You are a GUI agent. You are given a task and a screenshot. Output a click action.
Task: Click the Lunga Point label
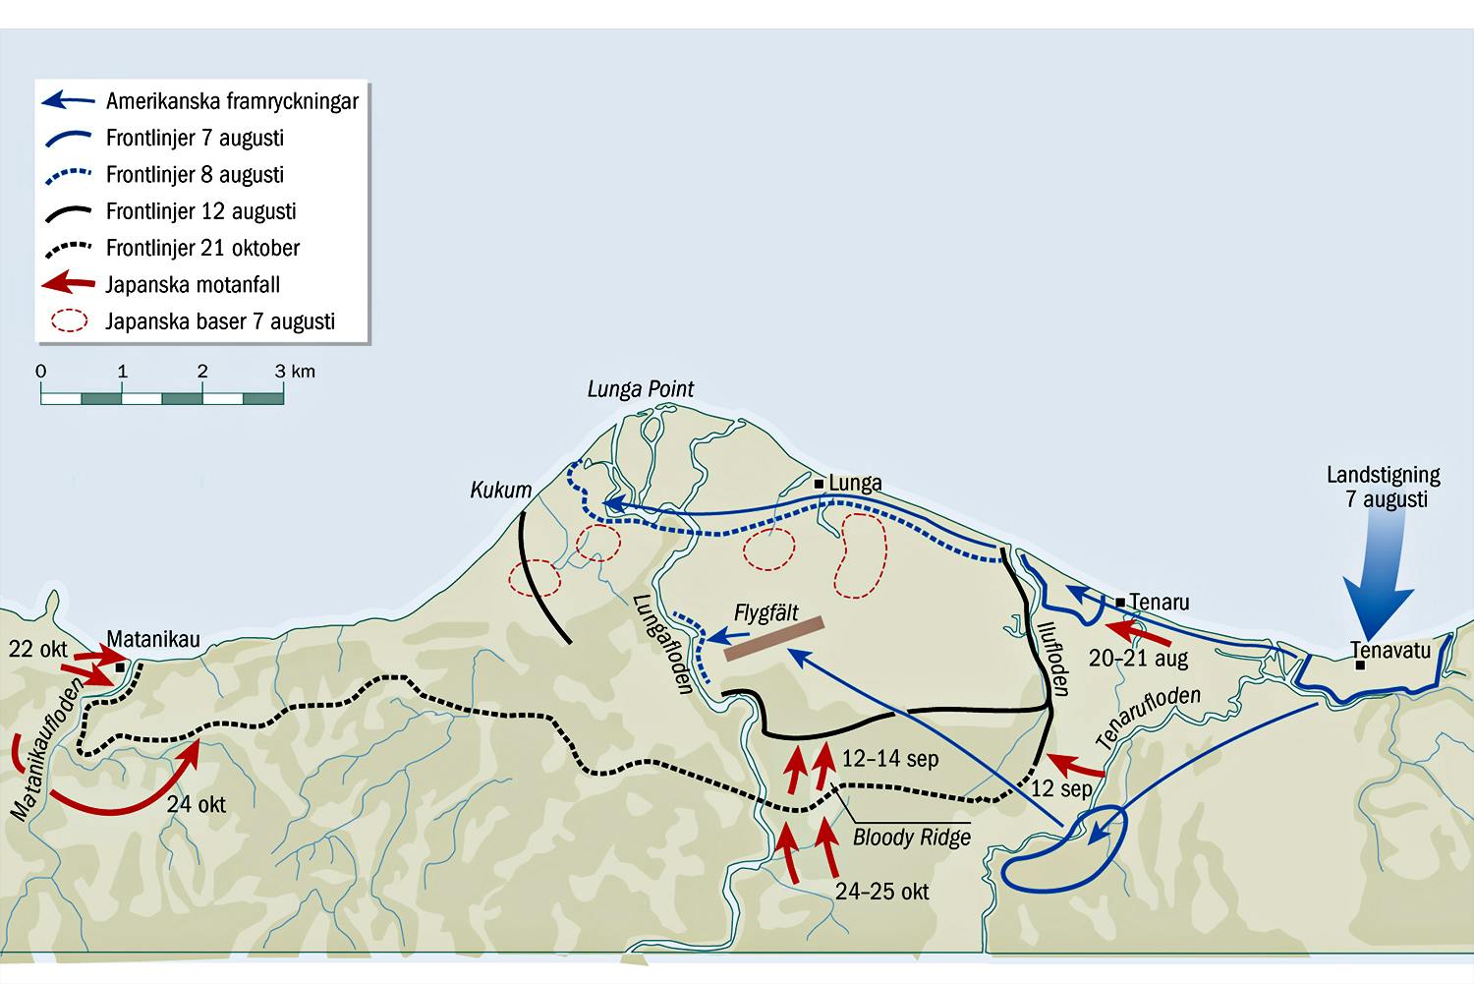click(641, 389)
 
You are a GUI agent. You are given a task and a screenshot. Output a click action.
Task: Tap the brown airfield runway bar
click(774, 638)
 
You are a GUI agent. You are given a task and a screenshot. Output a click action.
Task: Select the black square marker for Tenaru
click(1120, 603)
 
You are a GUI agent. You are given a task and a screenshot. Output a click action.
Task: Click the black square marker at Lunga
click(819, 484)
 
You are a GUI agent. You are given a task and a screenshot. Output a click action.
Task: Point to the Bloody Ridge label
click(911, 838)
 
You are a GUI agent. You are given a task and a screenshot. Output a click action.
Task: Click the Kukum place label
click(501, 490)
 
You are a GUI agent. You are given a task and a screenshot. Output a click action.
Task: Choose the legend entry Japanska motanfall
click(161, 284)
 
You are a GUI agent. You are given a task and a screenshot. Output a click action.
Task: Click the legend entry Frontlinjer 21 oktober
click(172, 248)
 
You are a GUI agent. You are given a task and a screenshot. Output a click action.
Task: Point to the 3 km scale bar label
click(295, 372)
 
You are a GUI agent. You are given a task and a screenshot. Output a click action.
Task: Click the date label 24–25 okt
click(881, 892)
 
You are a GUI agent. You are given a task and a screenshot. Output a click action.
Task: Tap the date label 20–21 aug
click(1138, 658)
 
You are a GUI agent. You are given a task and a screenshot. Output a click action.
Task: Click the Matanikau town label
click(153, 638)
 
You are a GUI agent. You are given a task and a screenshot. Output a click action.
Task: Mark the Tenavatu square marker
click(1360, 666)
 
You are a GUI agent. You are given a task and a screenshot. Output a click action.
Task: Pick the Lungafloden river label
click(662, 644)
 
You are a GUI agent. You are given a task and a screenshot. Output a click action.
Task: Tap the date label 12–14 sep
click(890, 758)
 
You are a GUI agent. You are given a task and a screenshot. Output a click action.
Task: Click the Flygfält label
click(765, 613)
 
